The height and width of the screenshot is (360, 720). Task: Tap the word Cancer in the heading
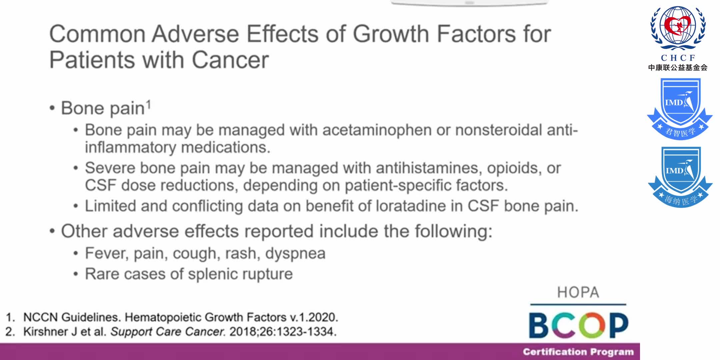point(230,60)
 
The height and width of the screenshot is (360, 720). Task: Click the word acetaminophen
point(377,130)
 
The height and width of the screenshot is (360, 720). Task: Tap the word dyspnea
point(295,253)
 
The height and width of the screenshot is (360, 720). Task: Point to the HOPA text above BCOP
point(578,292)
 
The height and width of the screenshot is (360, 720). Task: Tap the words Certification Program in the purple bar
point(578,352)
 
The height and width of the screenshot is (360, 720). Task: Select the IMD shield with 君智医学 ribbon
point(680,108)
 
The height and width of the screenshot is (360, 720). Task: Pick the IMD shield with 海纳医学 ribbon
point(680,177)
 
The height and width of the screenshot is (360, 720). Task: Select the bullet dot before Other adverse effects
point(52,231)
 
